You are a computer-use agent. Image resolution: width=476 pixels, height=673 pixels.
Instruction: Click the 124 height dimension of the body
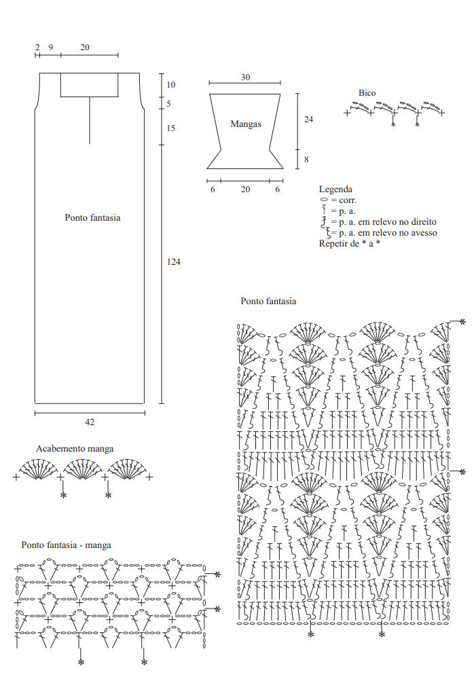click(173, 262)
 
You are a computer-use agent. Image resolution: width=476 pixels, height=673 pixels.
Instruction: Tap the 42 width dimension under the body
click(90, 422)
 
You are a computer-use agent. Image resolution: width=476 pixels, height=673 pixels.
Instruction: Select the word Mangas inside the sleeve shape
click(246, 124)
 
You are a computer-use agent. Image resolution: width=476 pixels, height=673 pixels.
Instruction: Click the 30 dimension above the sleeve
click(245, 77)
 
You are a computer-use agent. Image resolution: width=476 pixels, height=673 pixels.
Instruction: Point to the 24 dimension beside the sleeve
click(308, 120)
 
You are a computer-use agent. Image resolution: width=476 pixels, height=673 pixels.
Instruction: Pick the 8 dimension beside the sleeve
click(306, 159)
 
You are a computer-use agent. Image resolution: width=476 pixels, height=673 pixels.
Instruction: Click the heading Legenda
click(335, 189)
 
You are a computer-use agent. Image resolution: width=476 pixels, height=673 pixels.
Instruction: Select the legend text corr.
click(348, 200)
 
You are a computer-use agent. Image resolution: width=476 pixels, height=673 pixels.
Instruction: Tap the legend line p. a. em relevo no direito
click(388, 222)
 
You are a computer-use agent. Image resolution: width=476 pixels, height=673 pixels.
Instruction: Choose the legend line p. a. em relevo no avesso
click(388, 233)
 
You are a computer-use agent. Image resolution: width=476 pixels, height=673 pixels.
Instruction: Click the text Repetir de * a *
click(350, 243)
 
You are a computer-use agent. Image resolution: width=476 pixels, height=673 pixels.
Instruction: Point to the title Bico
click(367, 93)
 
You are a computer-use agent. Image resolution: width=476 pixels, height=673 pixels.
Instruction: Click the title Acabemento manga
click(75, 448)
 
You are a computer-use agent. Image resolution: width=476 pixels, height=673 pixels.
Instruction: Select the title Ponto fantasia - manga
click(66, 545)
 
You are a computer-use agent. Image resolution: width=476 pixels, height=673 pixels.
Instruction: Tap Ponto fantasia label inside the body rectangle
click(92, 217)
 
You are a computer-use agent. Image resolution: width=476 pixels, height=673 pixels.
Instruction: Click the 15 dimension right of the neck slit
click(171, 128)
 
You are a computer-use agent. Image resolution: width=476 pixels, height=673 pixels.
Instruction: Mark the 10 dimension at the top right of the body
click(171, 85)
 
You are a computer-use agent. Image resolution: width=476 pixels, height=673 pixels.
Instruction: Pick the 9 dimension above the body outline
click(51, 48)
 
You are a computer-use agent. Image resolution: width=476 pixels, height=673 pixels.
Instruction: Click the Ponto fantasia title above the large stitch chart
click(268, 302)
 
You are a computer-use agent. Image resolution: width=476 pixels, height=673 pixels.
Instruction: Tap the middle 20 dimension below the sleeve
click(245, 189)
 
